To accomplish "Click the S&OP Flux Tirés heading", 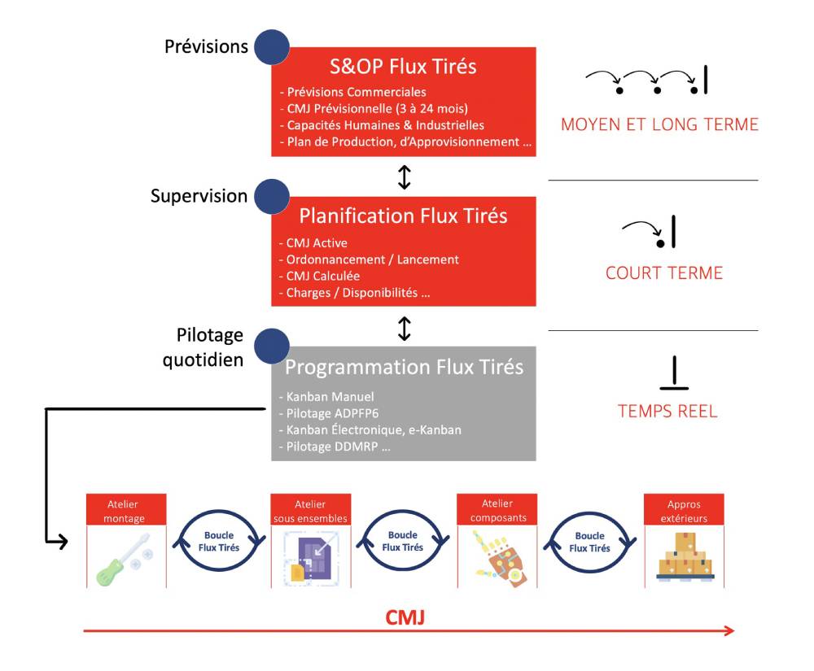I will [403, 67].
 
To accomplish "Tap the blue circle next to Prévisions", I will [271, 46].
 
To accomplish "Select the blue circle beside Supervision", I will [271, 196].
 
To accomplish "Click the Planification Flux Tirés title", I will [403, 216].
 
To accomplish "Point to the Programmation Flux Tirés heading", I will [404, 367].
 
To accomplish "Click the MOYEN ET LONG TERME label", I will [659, 124].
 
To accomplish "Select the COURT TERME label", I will [664, 272].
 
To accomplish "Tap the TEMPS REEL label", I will [667, 411].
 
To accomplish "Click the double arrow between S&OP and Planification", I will [405, 177].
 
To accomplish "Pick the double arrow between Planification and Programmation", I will [405, 328].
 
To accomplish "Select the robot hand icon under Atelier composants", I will [497, 560].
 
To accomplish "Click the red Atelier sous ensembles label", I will [310, 512].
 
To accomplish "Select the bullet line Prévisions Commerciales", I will [352, 92].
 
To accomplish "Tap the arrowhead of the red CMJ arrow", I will [729, 631].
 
